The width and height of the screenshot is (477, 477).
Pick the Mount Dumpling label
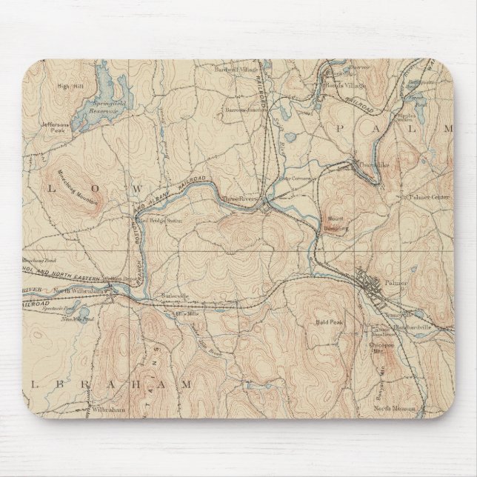[337, 224]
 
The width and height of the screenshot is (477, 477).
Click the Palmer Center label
[426, 197]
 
